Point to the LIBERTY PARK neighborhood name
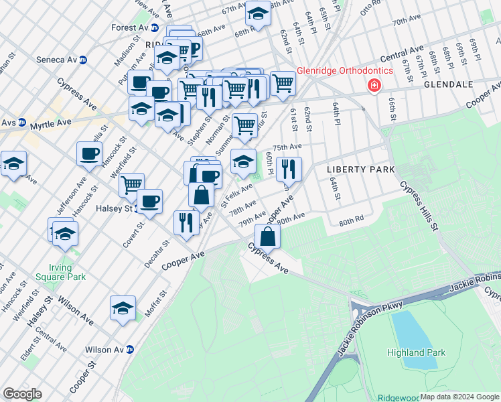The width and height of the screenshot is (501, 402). point(360,170)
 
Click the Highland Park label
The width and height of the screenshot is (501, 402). point(415,352)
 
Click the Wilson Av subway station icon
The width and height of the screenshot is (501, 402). point(130,350)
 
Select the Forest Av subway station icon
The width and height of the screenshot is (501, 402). point(154,28)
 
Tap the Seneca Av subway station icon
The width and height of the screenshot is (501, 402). point(83,60)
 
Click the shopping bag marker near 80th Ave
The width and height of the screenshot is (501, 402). point(267,237)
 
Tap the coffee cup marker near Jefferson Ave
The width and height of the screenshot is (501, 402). point(89,155)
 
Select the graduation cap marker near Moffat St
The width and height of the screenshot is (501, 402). point(123,308)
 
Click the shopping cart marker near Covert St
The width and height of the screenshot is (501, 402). point(132,184)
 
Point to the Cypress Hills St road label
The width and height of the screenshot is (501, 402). point(419,207)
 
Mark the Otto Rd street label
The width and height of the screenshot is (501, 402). point(370,9)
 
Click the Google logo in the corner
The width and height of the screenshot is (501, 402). point(23,393)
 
